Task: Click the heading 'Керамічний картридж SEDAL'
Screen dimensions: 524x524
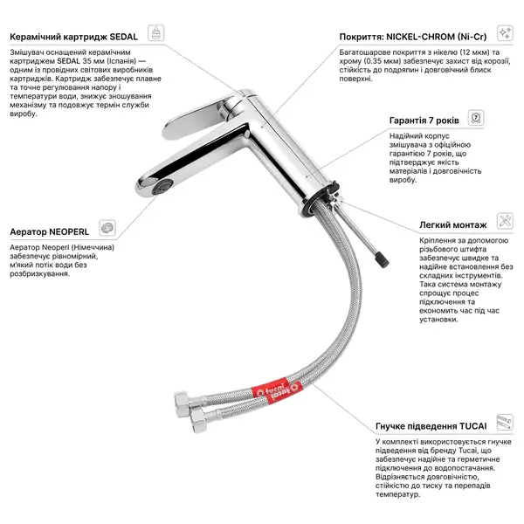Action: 74,37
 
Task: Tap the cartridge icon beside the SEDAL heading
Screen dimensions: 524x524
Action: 156,33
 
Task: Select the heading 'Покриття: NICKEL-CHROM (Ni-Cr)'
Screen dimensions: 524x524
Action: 413,37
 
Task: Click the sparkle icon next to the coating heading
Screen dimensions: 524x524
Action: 505,33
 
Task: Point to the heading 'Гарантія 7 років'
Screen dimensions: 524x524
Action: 424,121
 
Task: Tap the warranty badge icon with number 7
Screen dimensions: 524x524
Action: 476,118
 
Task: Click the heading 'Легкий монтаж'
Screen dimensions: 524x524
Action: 452,225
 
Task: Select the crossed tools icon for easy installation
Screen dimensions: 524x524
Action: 505,221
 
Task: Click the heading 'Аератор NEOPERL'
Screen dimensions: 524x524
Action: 50,232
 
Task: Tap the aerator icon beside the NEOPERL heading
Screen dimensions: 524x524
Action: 107,228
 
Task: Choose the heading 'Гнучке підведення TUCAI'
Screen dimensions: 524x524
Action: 431,426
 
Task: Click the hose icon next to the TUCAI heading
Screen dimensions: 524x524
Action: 505,422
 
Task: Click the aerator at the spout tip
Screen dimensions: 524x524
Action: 162,187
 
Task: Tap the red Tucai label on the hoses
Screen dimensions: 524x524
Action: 277,390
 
